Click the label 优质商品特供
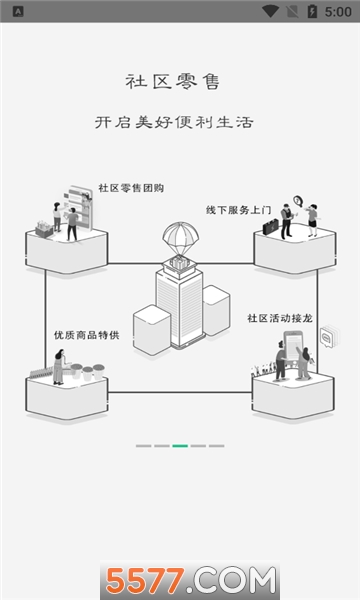pyautogui.click(x=87, y=335)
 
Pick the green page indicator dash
pyautogui.click(x=180, y=445)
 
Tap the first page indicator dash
pyautogui.click(x=143, y=445)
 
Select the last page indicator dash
pyautogui.click(x=216, y=445)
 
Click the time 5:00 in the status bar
pyautogui.click(x=337, y=11)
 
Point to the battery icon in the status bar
pyautogui.click(x=312, y=11)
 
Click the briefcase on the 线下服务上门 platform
pyautogui.click(x=270, y=227)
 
